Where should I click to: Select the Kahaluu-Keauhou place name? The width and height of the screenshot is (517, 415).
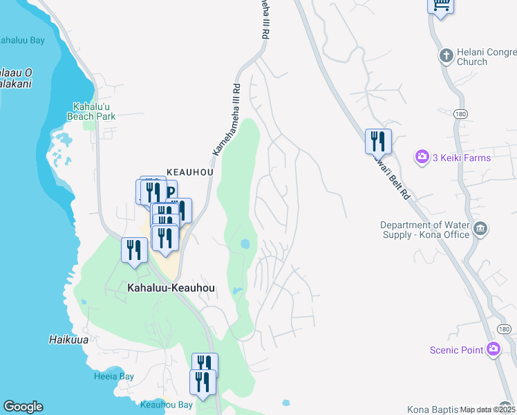(x=171, y=287)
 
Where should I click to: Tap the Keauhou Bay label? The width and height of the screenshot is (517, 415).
(x=166, y=405)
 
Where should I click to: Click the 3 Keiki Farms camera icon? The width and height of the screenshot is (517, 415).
(x=422, y=158)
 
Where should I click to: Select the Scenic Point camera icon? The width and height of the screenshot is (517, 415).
(x=493, y=349)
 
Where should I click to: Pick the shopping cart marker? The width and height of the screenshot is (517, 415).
(x=440, y=6)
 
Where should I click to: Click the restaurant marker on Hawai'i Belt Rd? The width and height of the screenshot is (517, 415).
(x=378, y=141)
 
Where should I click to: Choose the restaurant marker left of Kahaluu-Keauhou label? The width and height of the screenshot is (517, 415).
(x=134, y=250)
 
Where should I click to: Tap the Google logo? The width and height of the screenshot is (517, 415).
(x=23, y=407)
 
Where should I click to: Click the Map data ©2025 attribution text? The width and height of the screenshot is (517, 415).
(x=488, y=409)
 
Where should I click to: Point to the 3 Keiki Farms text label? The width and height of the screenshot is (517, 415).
(x=462, y=158)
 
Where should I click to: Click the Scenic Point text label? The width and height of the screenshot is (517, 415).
(x=456, y=350)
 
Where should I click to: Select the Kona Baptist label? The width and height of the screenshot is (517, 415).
(x=433, y=409)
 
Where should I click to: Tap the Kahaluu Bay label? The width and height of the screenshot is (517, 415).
(x=21, y=40)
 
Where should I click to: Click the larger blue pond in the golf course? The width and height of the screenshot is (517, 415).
(x=245, y=244)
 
